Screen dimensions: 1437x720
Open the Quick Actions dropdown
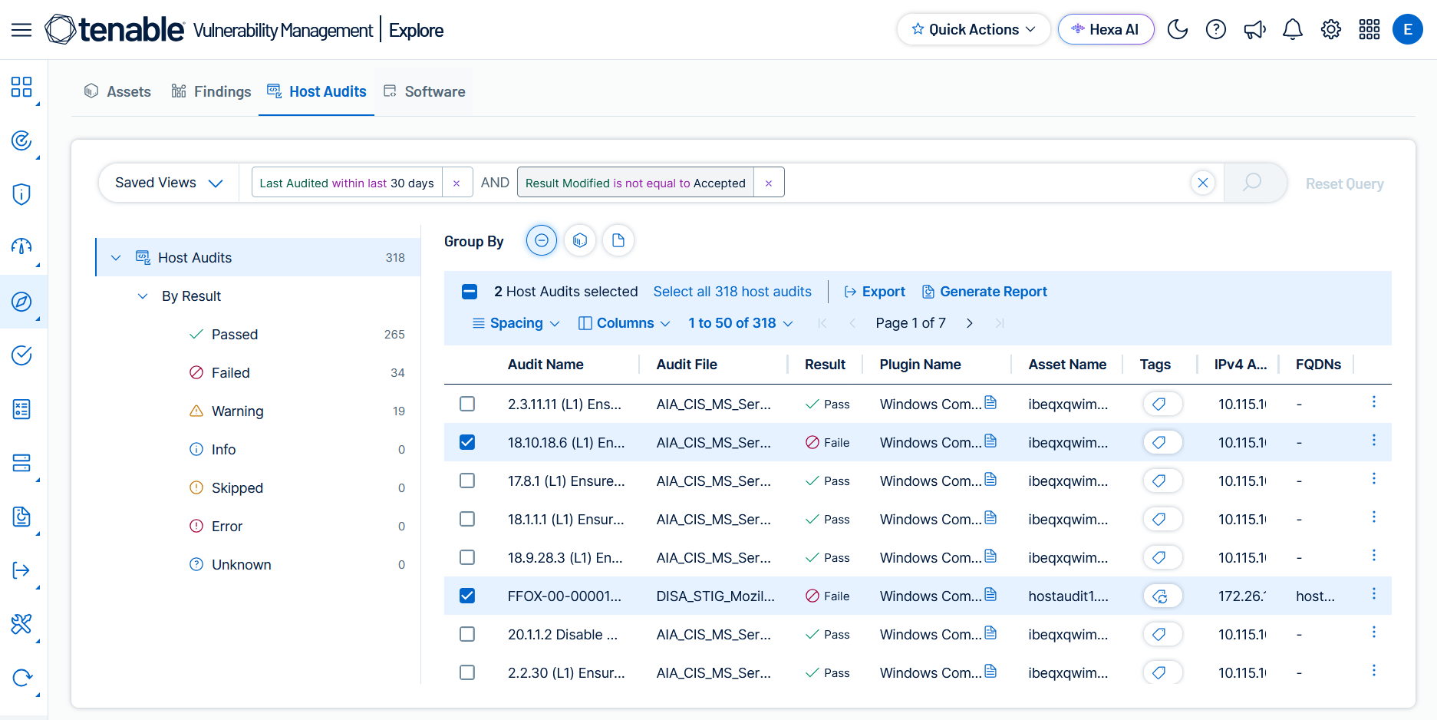[973, 29]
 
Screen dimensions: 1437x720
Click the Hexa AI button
[1106, 29]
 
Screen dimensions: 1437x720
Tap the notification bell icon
[1293, 29]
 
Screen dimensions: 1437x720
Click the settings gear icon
[1331, 29]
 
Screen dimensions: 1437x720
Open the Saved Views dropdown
[169, 183]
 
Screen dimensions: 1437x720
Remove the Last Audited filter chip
[456, 183]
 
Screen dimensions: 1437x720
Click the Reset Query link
[1344, 183]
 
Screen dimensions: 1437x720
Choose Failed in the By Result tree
[230, 372]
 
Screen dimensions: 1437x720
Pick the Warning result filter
[237, 411]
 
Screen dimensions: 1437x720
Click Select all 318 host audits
[732, 292]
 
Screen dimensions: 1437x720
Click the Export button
[875, 292]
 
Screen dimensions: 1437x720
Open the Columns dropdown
[624, 323]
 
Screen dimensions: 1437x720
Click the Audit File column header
[687, 365]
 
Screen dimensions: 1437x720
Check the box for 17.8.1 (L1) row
[467, 481]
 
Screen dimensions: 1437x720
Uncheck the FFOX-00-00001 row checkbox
[467, 596]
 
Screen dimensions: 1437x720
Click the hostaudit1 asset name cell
[1068, 596]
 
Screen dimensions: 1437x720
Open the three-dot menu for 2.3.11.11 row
[1373, 401]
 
